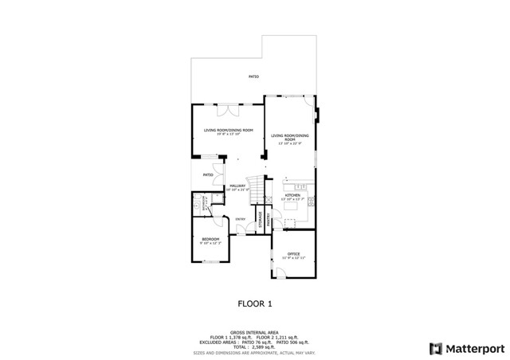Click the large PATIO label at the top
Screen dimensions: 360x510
pyautogui.click(x=253, y=76)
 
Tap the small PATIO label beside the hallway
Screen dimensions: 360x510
pyautogui.click(x=207, y=174)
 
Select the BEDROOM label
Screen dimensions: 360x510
pyautogui.click(x=210, y=240)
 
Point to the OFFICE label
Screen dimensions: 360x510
pyautogui.click(x=293, y=254)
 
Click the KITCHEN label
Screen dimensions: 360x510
pyautogui.click(x=292, y=195)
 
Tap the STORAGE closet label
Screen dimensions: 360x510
pyautogui.click(x=261, y=219)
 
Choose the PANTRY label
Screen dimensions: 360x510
pyautogui.click(x=269, y=219)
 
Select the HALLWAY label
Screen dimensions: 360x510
pyautogui.click(x=237, y=186)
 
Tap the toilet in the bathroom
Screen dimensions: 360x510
pyautogui.click(x=197, y=205)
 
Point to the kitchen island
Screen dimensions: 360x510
pyautogui.click(x=292, y=209)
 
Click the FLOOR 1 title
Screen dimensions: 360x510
pyautogui.click(x=255, y=303)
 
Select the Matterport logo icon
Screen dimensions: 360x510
pyautogui.click(x=434, y=348)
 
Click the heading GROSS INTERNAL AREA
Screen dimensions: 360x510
pyautogui.click(x=254, y=332)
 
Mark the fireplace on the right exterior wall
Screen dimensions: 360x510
pyautogui.click(x=317, y=119)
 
